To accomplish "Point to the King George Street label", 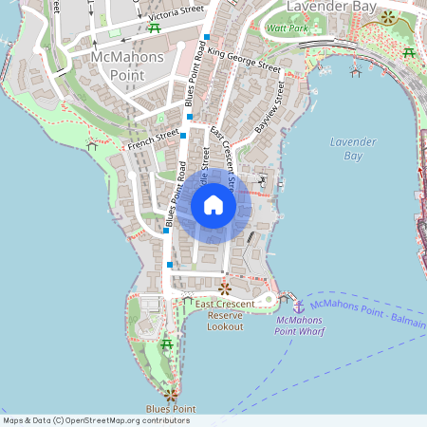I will point(245,60).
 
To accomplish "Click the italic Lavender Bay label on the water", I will point(353,148).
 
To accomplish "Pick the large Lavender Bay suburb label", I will point(331,8).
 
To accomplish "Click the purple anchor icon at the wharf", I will point(297,306).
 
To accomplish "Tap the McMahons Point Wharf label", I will point(297,326).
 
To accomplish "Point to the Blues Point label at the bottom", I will point(170,409).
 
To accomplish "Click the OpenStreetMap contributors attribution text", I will point(95,419).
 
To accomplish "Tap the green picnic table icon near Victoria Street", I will point(154,27).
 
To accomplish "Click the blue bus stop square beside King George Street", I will point(207,37).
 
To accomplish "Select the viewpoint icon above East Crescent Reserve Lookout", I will point(225,288).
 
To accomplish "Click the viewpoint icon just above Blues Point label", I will point(170,393).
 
